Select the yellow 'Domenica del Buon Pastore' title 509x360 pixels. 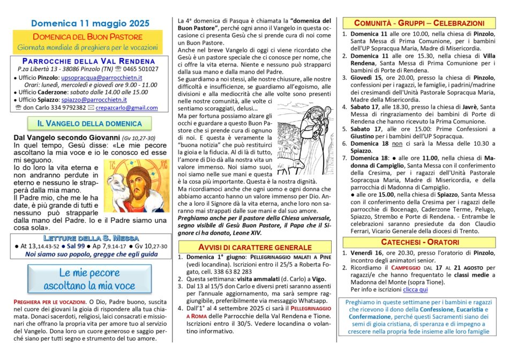click(x=88, y=37)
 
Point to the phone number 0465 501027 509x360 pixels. click(x=140, y=69)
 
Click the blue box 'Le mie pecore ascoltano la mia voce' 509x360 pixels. click(x=88, y=279)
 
